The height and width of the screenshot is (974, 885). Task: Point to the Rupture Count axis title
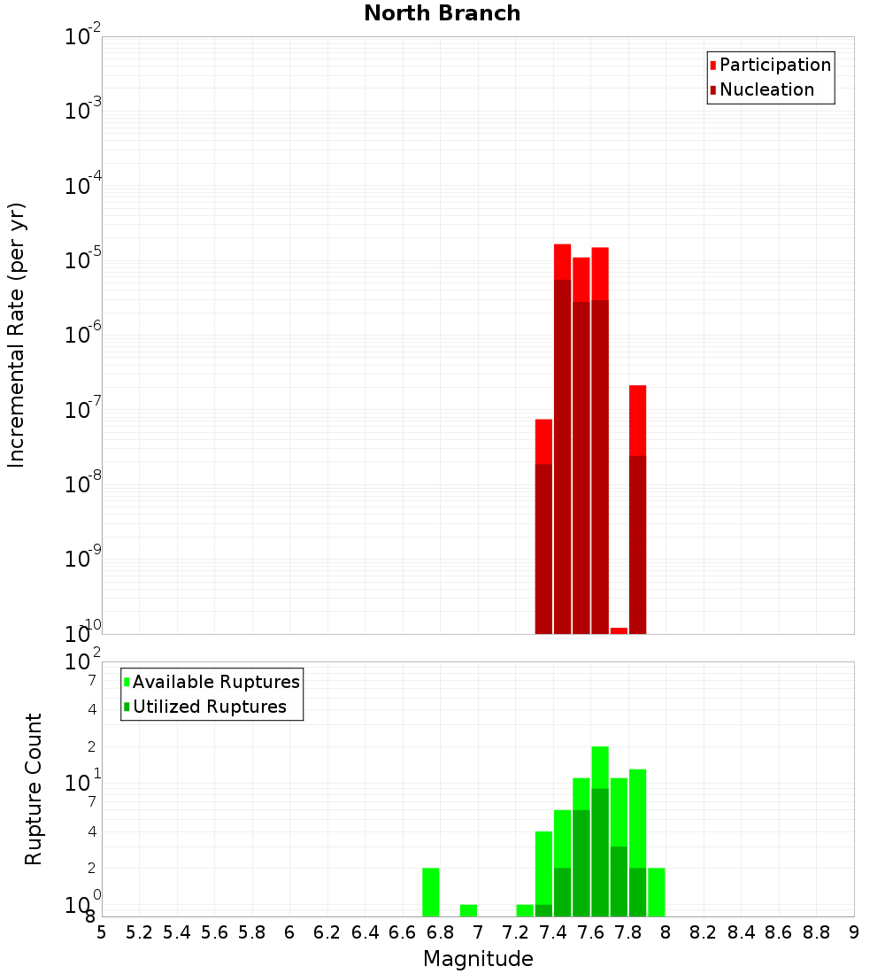(x=34, y=789)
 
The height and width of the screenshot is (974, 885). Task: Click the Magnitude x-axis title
(x=478, y=959)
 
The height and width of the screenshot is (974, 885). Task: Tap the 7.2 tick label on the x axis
(x=515, y=931)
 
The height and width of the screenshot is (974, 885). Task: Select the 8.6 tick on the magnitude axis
(x=779, y=931)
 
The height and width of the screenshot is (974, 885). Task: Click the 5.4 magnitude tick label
(x=177, y=931)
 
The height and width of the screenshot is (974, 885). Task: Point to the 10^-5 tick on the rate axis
(x=84, y=260)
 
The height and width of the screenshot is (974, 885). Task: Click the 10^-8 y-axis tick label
(x=84, y=484)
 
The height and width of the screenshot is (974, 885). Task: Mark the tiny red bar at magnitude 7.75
(x=619, y=630)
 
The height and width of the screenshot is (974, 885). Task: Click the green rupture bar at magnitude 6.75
(x=431, y=893)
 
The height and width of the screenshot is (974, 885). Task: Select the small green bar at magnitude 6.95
(x=468, y=910)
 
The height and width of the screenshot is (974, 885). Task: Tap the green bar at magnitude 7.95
(x=657, y=893)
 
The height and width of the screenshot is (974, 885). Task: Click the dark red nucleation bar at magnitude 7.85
(x=637, y=545)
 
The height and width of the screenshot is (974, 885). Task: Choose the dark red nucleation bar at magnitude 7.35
(x=543, y=549)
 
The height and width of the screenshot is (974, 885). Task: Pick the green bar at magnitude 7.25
(x=525, y=910)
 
